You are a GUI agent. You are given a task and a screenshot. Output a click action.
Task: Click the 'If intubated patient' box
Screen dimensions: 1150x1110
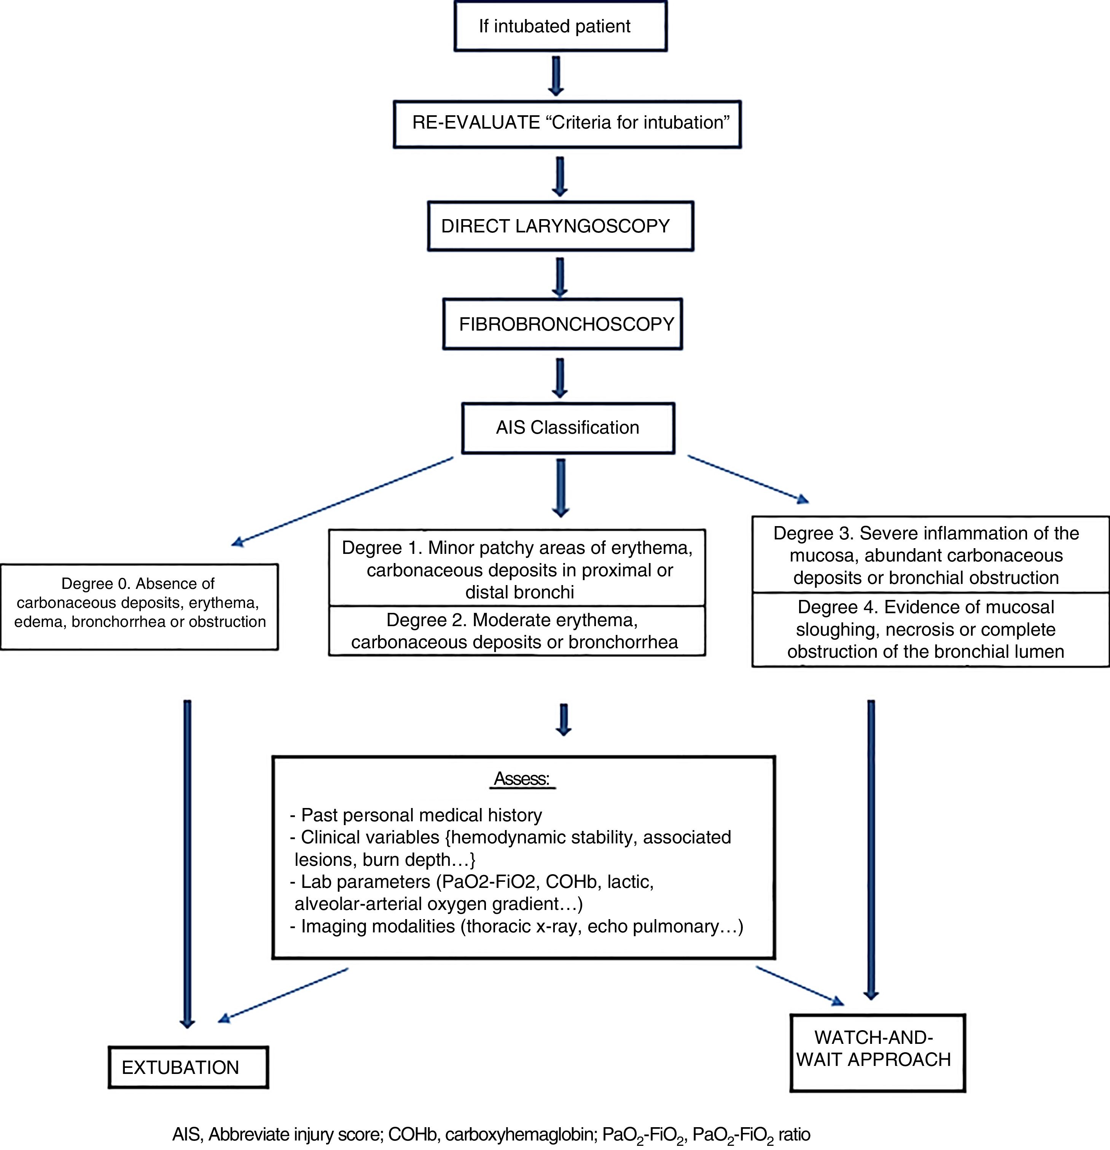560,26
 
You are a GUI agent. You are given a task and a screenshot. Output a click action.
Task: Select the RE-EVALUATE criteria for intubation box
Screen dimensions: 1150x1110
567,123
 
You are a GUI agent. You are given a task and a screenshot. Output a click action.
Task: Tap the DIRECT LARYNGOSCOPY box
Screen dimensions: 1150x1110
560,226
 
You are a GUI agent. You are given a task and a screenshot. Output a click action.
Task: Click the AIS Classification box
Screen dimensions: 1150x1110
568,428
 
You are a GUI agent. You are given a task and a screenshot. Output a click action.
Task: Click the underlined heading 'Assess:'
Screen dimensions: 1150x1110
522,779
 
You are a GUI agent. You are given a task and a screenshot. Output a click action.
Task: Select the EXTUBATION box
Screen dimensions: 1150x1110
188,1067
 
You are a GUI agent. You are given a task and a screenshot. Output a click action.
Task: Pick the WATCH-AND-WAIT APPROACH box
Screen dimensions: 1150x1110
877,1052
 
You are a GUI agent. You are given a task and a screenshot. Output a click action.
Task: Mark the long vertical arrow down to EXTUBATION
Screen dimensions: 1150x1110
187,862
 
